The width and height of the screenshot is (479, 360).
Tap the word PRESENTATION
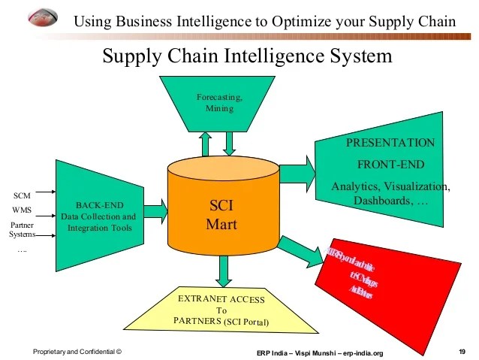[x=390, y=143]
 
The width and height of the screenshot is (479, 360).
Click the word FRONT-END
[x=390, y=164]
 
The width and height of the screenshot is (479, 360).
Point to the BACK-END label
[x=99, y=205]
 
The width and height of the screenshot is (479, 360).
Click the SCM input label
[x=22, y=196]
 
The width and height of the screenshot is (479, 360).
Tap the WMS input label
[x=22, y=210]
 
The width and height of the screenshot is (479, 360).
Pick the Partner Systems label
[x=22, y=229]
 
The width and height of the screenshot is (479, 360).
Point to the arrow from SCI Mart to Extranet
[x=223, y=269]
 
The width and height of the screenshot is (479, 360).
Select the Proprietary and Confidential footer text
[x=77, y=352]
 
